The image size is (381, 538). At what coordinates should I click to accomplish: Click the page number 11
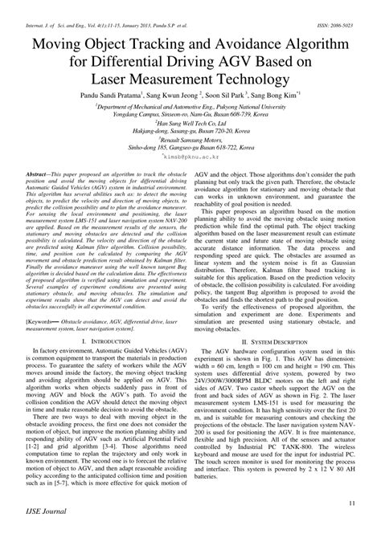click(x=352, y=503)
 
